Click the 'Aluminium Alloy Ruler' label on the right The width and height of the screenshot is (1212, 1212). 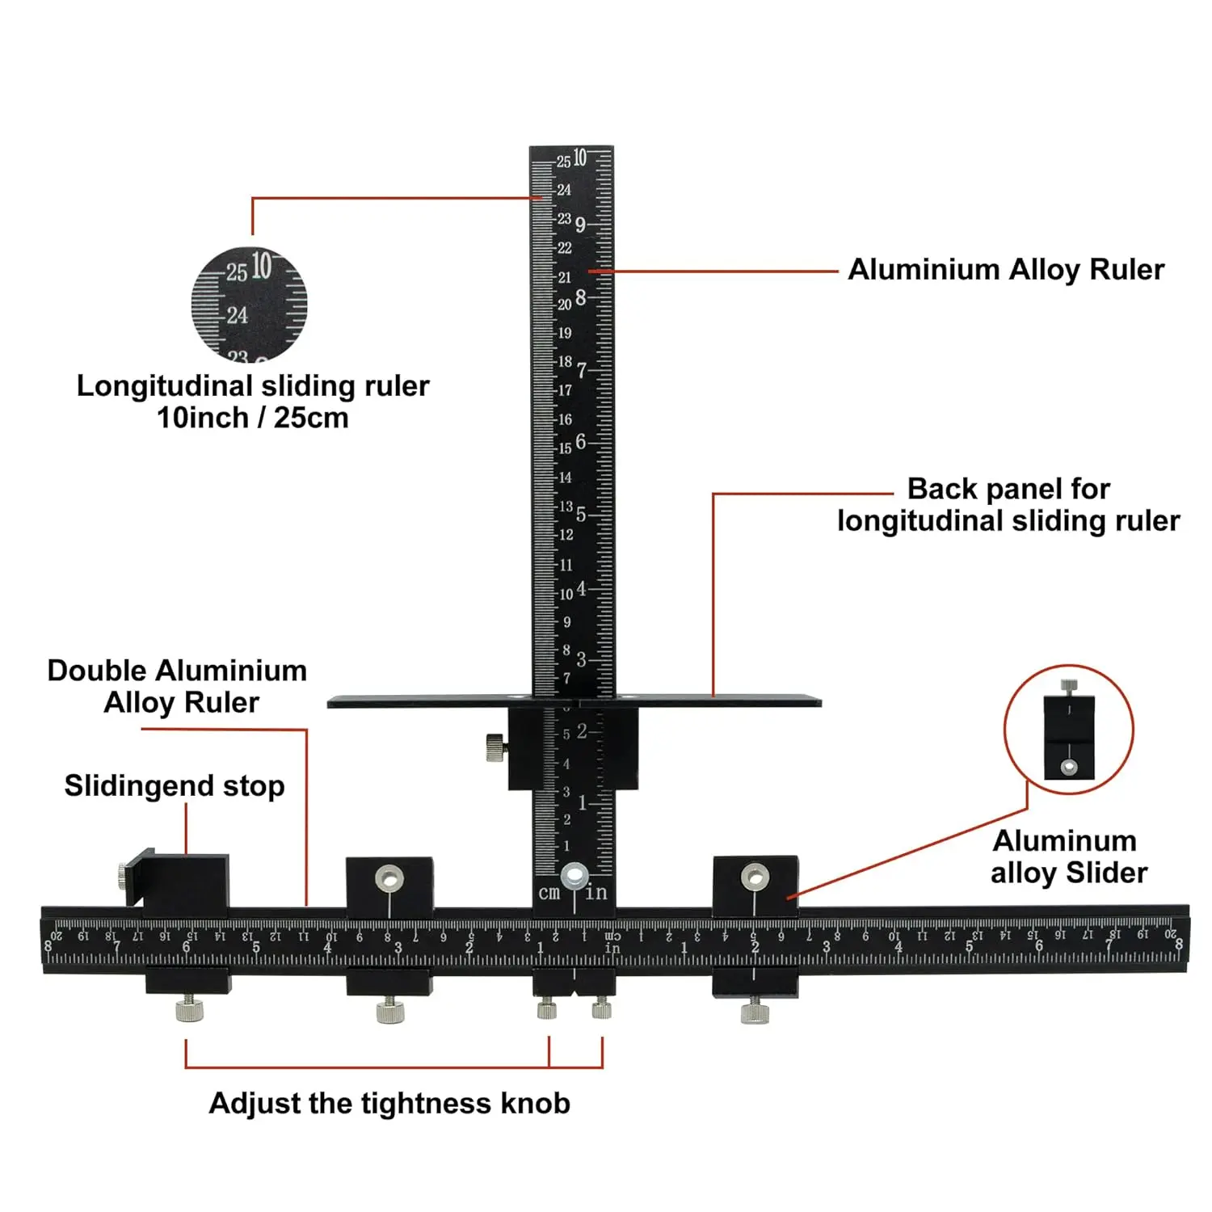(1006, 270)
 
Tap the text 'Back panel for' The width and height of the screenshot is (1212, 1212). (1008, 489)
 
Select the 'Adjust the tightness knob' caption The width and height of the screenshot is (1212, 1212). (389, 1103)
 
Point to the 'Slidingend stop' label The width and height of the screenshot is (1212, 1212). (175, 785)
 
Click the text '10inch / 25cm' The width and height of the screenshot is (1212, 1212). (253, 418)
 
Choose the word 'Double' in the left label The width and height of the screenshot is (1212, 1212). (97, 671)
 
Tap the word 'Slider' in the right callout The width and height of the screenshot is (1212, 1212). (1106, 873)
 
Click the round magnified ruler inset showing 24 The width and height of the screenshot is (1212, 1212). (249, 305)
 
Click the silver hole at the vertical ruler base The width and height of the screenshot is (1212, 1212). (574, 875)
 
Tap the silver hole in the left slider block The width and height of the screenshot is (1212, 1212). (389, 877)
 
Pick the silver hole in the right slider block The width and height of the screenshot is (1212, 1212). (755, 876)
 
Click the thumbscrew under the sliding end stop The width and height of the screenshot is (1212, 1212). (189, 1009)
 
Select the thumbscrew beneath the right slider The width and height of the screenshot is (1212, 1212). (755, 1011)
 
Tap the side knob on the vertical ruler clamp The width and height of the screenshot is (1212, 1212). (495, 747)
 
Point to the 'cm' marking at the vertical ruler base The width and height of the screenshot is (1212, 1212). (549, 893)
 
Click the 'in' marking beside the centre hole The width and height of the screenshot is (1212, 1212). (596, 893)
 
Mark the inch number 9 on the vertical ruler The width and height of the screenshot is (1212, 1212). (580, 225)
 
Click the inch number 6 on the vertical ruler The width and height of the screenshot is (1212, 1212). (580, 442)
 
